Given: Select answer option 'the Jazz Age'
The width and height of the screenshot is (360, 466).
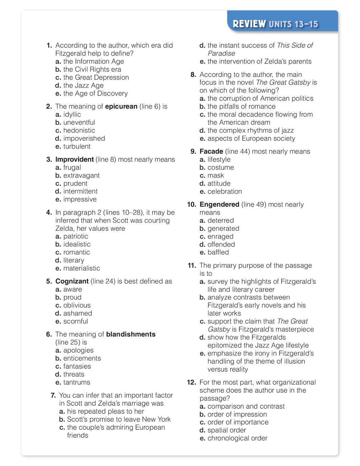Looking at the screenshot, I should click(83, 85).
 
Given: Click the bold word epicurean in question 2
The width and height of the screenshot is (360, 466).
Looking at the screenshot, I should click(121, 106).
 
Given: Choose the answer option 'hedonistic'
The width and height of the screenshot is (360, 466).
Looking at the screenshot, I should click(79, 130).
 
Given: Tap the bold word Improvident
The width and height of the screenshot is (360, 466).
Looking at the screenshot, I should click(75, 160).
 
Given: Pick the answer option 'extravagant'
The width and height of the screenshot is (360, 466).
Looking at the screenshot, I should click(81, 175).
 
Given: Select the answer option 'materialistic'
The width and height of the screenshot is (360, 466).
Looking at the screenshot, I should click(82, 268).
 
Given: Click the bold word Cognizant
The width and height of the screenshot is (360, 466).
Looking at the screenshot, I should click(72, 281).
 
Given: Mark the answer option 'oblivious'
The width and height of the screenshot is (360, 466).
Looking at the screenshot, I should click(77, 305).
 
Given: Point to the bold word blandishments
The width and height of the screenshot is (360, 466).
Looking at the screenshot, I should click(131, 334).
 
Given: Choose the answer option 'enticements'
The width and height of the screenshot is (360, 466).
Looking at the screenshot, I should click(82, 358).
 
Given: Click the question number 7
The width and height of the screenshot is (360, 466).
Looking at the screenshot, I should click(53, 395).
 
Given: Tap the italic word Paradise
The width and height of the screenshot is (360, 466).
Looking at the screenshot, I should click(221, 54).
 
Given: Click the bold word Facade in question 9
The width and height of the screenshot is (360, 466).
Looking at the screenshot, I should click(211, 151).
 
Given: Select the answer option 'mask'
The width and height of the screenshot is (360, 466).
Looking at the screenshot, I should click(215, 175).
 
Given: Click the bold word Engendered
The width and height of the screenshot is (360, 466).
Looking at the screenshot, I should click(219, 205).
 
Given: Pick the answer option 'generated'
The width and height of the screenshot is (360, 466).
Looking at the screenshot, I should click(223, 229).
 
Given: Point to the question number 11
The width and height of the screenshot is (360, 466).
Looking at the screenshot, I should click(192, 266).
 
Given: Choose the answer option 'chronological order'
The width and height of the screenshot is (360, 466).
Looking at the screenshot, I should click(237, 438).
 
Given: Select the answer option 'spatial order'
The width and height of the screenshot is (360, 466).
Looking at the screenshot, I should click(227, 430).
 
